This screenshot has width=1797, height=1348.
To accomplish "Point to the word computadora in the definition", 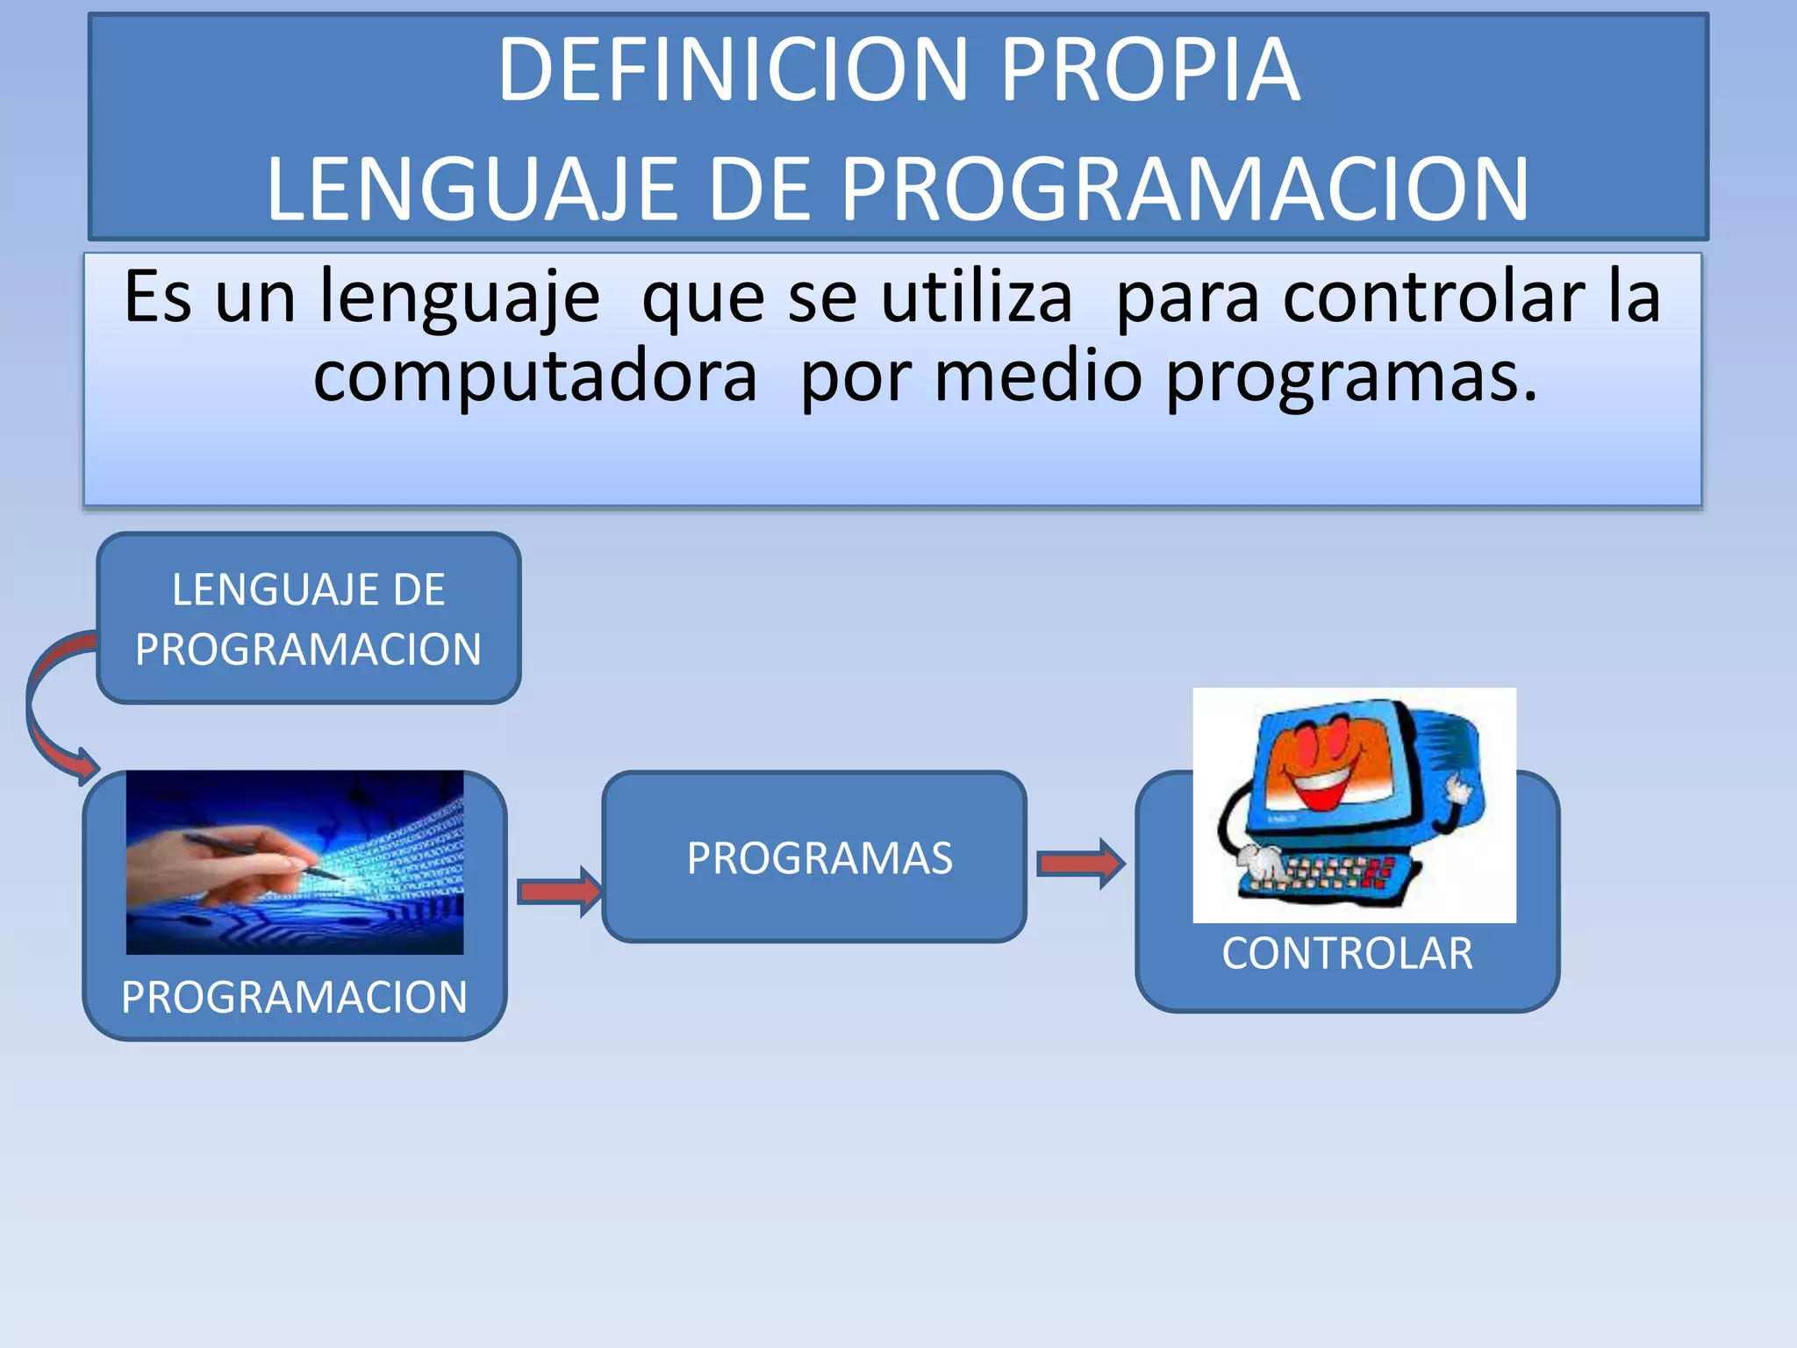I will pos(535,376).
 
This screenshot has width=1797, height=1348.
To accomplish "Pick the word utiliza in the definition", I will pos(976,297).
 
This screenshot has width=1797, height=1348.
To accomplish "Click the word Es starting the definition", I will pos(157,297).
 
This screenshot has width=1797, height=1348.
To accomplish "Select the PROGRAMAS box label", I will pos(819,858).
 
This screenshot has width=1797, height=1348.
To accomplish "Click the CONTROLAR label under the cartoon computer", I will pos(1347,954).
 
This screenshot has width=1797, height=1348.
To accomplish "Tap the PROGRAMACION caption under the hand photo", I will pos(294,998).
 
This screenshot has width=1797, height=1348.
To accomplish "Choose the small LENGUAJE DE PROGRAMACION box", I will pos(308,619).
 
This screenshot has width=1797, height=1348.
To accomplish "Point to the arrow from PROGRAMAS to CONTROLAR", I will pos(1080,864).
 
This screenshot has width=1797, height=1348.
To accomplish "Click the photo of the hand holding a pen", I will pos(294,862).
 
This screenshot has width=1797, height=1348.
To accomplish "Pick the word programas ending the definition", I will pos(1351,376).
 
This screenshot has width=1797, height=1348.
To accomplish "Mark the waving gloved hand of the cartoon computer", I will pos(1458,788).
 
